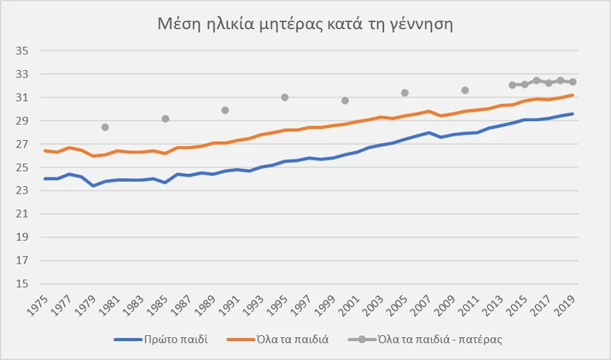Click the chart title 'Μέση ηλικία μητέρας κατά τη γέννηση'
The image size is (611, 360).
[306, 25]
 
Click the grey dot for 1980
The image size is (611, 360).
[105, 127]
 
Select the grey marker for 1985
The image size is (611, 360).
[165, 119]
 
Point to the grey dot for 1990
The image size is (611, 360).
[225, 110]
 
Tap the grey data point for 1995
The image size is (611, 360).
[285, 97]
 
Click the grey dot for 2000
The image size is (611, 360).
[345, 101]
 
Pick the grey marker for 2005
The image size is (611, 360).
[404, 93]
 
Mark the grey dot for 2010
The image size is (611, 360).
[465, 91]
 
